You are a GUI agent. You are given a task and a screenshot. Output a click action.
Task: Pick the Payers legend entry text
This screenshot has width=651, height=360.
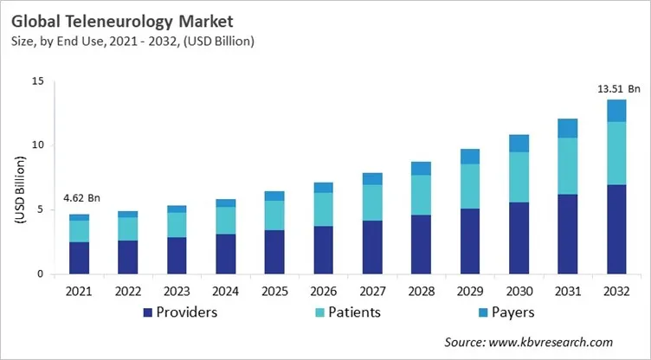click(515, 312)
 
